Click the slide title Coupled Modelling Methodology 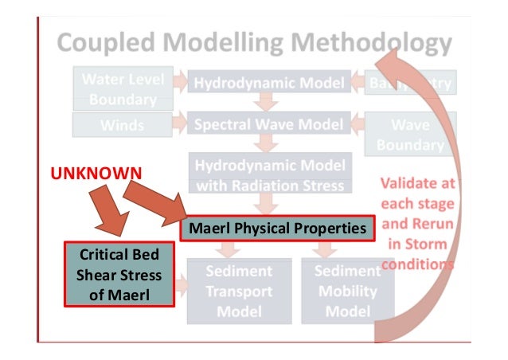(x=253, y=44)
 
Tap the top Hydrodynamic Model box (x=268, y=82)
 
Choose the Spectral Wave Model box (x=268, y=124)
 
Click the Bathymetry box (x=409, y=82)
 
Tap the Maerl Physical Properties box (x=278, y=229)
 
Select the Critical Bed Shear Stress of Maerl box (x=119, y=276)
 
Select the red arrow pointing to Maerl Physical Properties (x=155, y=202)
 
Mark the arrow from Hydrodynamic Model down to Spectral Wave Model (x=268, y=103)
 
